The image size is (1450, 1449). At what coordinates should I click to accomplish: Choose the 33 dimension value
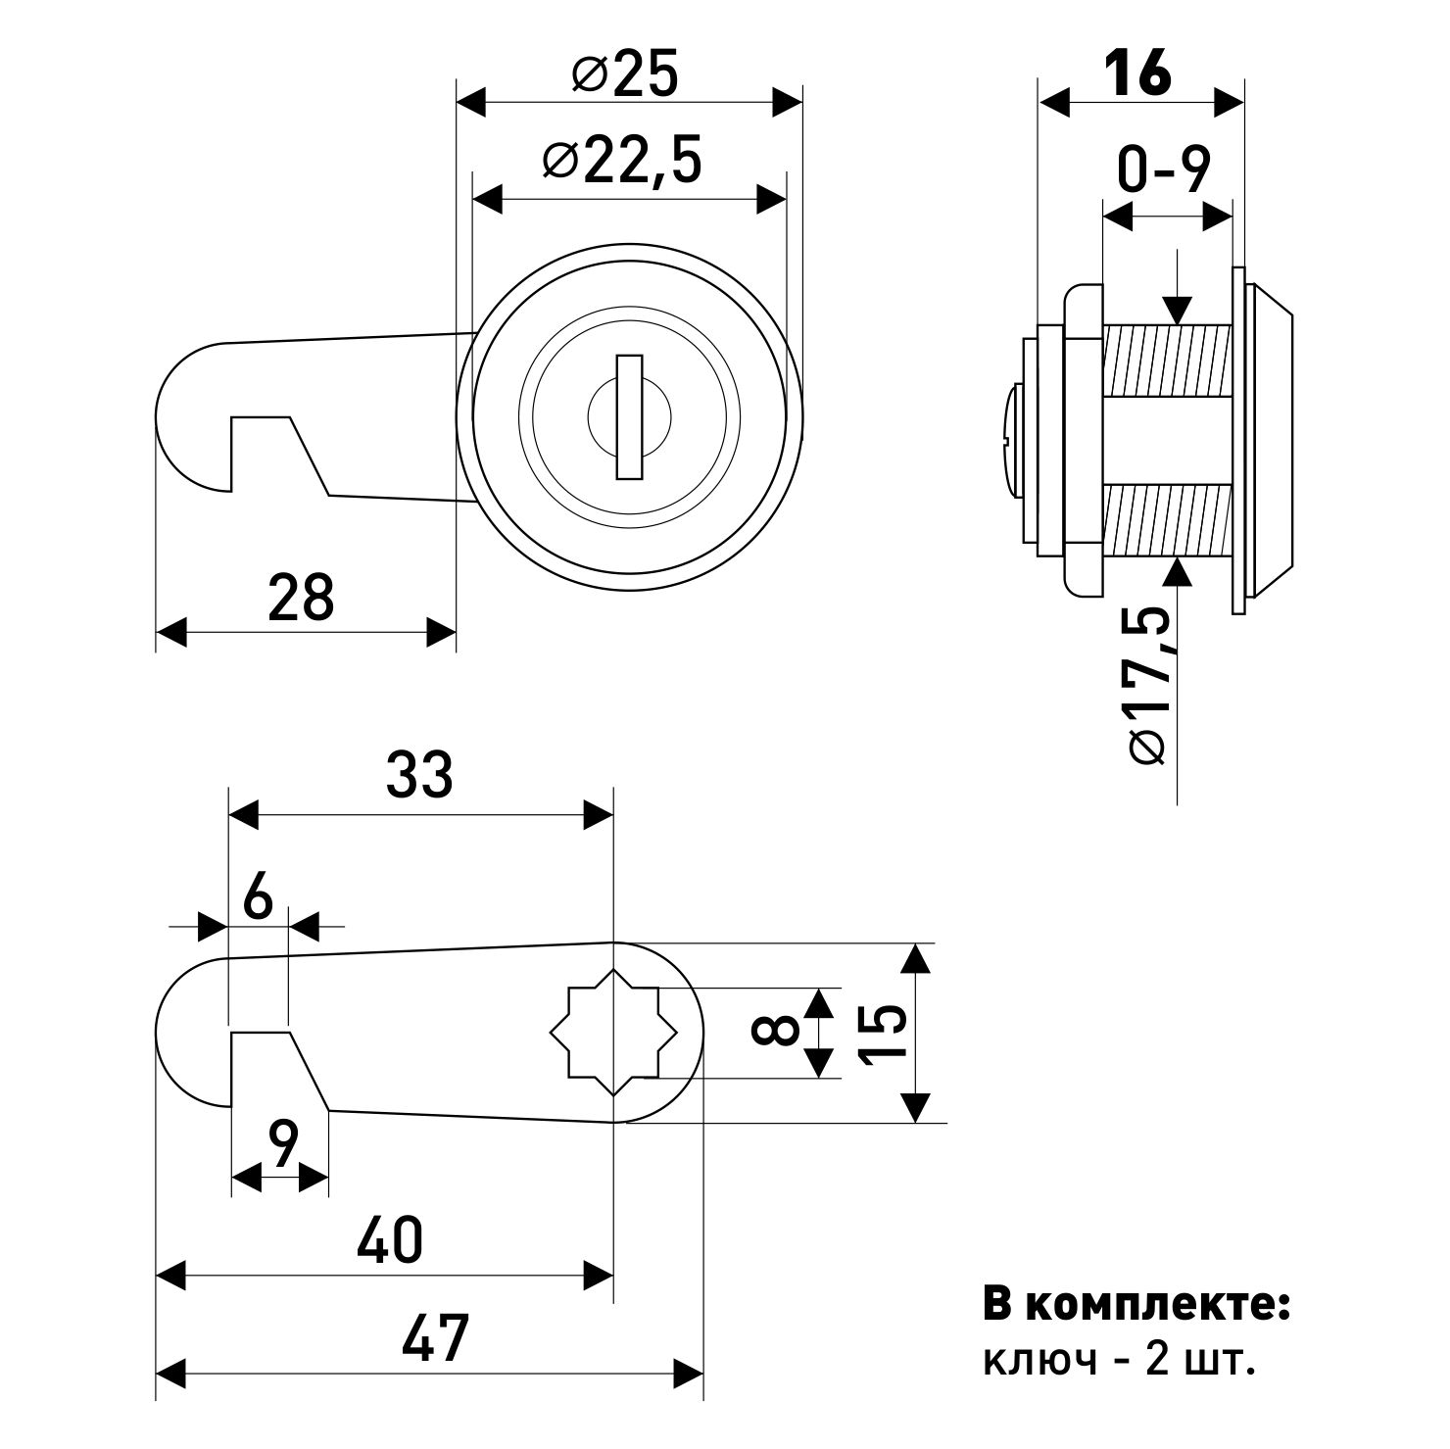click(x=419, y=776)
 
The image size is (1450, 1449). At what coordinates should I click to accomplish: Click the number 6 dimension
click(x=258, y=897)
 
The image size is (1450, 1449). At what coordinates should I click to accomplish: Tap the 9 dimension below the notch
click(x=282, y=1144)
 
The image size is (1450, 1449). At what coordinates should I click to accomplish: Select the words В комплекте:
click(x=1136, y=1306)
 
